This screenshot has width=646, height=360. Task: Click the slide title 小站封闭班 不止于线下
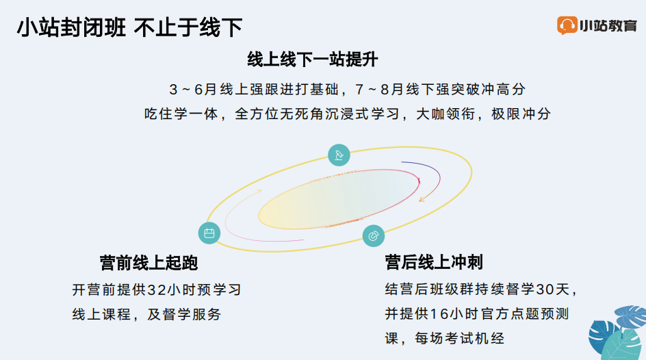point(129,27)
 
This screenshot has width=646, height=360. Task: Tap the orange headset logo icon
point(567,25)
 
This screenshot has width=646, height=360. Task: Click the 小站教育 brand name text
point(608,25)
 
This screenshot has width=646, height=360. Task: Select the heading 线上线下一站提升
point(312,60)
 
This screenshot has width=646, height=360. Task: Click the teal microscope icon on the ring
point(339,155)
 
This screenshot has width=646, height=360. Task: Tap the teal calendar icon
point(209,233)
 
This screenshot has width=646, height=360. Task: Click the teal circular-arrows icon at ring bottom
point(373,236)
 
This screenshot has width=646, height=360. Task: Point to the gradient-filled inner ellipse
point(339,198)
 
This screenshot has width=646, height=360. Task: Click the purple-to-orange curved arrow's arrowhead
point(422,199)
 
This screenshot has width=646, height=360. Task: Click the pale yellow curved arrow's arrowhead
point(259,191)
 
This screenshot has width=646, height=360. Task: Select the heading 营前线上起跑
point(148,263)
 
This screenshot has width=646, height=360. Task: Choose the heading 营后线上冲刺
point(434,262)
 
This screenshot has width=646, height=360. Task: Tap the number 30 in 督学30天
point(545,289)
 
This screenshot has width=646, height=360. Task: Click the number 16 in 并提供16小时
point(439,314)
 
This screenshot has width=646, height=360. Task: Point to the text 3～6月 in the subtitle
point(193,90)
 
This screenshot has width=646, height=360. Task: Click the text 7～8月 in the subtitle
point(379,90)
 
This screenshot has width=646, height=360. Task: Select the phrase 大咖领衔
point(445,114)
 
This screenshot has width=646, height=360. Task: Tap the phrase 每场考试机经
point(459,339)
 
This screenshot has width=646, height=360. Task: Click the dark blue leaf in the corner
point(602,335)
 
